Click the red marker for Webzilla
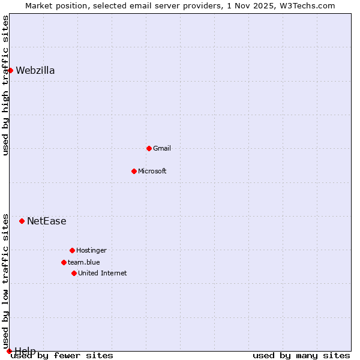(10, 70)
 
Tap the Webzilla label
(35, 71)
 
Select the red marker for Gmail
(149, 148)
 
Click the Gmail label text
(162, 149)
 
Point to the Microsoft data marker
(134, 171)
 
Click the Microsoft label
(152, 172)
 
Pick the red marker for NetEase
(22, 221)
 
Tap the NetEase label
(47, 221)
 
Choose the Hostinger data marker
(72, 250)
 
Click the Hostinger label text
(91, 251)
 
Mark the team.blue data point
(64, 262)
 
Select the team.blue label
(84, 263)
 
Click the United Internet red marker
(74, 273)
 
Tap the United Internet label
(103, 274)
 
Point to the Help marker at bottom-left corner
(9, 351)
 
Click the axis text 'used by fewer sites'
(62, 356)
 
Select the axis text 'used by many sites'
(301, 356)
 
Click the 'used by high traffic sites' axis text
(6, 85)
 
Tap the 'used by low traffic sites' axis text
(6, 281)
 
